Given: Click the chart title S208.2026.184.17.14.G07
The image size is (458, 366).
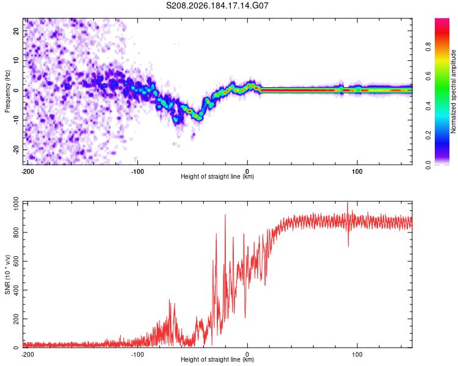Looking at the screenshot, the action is click(x=217, y=5).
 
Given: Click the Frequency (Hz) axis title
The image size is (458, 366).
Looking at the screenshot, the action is click(x=7, y=91).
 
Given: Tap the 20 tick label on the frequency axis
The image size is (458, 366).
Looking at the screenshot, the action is click(x=16, y=31).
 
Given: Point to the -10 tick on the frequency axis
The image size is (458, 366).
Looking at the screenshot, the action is click(x=16, y=120).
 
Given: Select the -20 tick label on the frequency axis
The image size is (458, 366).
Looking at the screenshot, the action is click(x=16, y=149).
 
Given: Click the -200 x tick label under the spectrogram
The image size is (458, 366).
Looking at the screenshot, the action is click(x=27, y=171).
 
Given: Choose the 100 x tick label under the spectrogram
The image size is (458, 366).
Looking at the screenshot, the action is click(x=357, y=171).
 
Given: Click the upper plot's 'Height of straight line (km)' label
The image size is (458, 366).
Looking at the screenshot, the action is click(x=217, y=176).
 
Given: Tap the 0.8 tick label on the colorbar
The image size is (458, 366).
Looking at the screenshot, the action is click(x=428, y=46).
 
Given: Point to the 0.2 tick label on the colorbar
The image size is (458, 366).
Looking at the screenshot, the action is click(x=428, y=135).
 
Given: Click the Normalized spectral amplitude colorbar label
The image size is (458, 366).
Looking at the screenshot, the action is click(x=453, y=91).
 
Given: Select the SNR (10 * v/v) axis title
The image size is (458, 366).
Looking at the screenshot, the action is click(x=7, y=274).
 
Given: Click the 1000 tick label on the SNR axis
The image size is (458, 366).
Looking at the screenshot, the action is click(x=16, y=204).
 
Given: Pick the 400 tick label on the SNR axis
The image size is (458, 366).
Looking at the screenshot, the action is click(x=16, y=290).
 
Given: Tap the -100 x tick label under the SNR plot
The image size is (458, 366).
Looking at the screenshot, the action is click(x=137, y=354).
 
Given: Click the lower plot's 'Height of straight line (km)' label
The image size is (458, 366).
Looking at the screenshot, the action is click(x=217, y=359).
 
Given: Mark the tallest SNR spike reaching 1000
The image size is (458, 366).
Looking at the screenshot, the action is click(x=347, y=203).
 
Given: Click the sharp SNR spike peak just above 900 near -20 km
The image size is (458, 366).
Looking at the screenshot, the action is click(x=225, y=215).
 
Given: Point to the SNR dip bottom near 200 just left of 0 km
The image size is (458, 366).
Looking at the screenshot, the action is click(x=245, y=318).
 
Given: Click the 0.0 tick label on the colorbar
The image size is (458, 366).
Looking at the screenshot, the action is click(x=428, y=165).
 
